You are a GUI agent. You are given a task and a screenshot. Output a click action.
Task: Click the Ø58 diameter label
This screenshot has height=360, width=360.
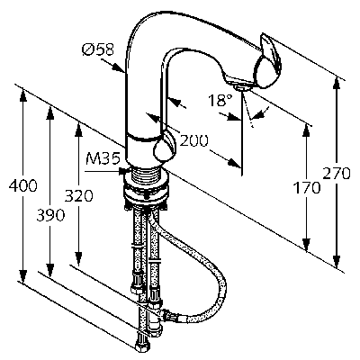pyautogui.click(x=98, y=49)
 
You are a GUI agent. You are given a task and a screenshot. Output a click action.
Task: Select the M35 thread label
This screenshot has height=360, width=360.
pyautogui.click(x=103, y=159)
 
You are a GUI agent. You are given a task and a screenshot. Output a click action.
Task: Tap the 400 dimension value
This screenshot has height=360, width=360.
pyautogui.click(x=22, y=186)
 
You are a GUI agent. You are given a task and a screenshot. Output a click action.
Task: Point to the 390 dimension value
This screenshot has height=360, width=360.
pyautogui.click(x=50, y=215)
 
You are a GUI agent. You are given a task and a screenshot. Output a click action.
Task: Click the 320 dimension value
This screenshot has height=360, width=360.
pyautogui.click(x=79, y=196)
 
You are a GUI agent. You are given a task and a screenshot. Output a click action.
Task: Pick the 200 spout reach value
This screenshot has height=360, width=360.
pyautogui.click(x=193, y=140)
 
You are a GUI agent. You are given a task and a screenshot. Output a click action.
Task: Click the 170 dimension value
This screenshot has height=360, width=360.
pyautogui.click(x=307, y=188)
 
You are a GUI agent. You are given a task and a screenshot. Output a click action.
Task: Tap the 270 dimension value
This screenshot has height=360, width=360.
pyautogui.click(x=337, y=174)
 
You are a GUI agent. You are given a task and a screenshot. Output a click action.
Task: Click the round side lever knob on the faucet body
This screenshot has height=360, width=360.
pyautogui.click(x=165, y=147)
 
